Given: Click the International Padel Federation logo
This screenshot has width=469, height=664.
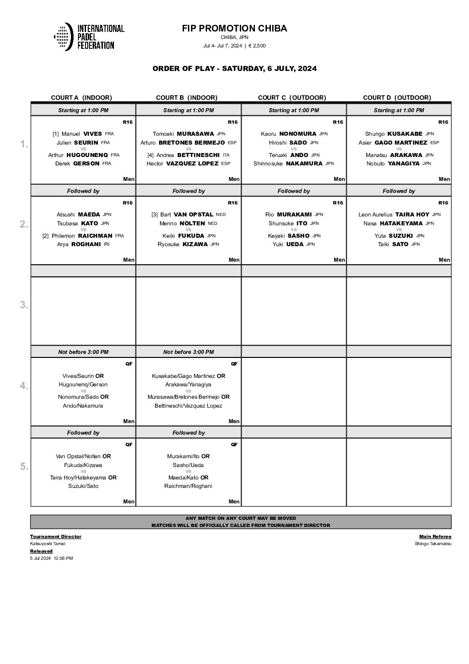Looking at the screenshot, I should coord(89,36).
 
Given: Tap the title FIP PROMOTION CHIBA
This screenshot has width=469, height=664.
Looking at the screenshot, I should coord(234,28).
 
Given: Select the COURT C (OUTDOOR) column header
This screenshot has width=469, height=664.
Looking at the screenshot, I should coord(292,98).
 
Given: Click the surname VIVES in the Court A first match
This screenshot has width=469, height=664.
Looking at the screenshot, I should coord(93,134).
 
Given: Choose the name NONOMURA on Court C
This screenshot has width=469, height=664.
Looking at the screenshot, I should coord(297,134).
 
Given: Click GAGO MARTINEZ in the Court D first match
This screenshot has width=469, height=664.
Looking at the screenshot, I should coord(401,142).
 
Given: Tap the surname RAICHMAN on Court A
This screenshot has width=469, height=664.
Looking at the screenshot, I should coord(95,236).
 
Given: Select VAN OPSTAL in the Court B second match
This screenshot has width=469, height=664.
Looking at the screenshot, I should coord(193,214).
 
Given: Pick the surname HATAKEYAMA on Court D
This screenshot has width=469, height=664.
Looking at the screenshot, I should coord(401,223).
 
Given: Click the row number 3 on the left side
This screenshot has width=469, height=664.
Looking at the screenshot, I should coord(24,305).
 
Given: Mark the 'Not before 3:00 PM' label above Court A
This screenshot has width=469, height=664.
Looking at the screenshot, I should coord(83,352).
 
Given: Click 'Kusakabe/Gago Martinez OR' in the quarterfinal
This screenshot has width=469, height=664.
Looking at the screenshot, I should coord(188,376).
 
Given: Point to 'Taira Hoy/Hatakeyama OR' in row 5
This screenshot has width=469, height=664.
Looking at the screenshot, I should coord(83,477).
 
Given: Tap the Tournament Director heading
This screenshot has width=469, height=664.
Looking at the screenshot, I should coord(56,536).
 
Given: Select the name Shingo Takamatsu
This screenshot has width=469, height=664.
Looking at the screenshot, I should coord(433,544).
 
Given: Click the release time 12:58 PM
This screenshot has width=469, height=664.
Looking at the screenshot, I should coord(63,558).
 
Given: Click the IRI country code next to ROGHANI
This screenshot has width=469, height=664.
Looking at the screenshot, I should coord(106,244).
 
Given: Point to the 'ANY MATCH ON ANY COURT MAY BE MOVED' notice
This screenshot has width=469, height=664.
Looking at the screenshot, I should coord(241,518).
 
